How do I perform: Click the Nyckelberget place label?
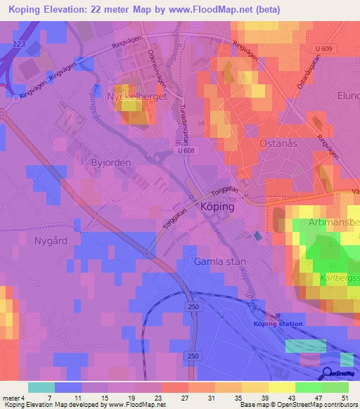(136, 97)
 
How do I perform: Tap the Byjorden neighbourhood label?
(111, 162)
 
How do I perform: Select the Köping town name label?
(217, 208)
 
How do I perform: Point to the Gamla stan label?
(219, 261)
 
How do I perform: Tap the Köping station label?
(278, 324)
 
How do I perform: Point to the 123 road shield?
(18, 44)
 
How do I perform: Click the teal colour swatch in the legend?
(41, 387)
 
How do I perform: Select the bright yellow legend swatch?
(281, 387)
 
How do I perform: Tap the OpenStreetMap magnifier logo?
(328, 374)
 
